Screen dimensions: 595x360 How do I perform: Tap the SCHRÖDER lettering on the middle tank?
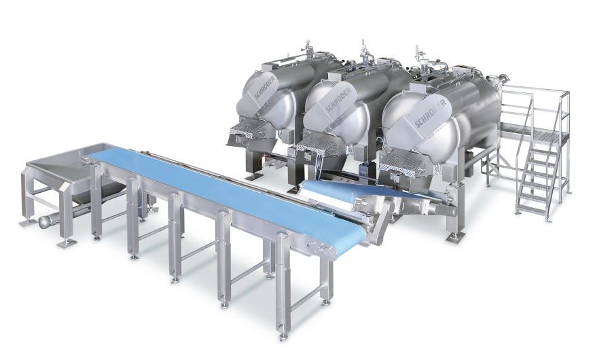[339, 100]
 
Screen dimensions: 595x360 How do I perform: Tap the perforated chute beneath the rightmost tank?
[403, 164]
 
